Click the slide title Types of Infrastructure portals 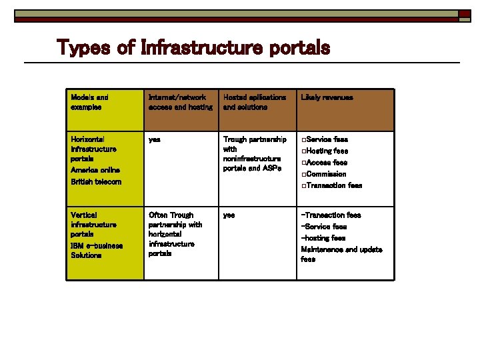click(x=193, y=48)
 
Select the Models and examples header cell click(x=89, y=102)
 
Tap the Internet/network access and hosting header click(x=180, y=102)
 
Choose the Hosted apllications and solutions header click(x=255, y=102)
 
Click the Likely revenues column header click(x=327, y=97)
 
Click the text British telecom click(x=96, y=182)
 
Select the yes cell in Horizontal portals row click(x=155, y=139)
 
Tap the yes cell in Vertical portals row click(x=229, y=215)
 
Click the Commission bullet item click(x=326, y=174)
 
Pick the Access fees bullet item click(x=326, y=163)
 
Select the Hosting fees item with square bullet click(x=327, y=151)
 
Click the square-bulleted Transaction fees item click(x=333, y=185)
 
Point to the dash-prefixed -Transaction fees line click(x=331, y=215)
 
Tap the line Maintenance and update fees click(x=341, y=254)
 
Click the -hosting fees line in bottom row click(x=323, y=238)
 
